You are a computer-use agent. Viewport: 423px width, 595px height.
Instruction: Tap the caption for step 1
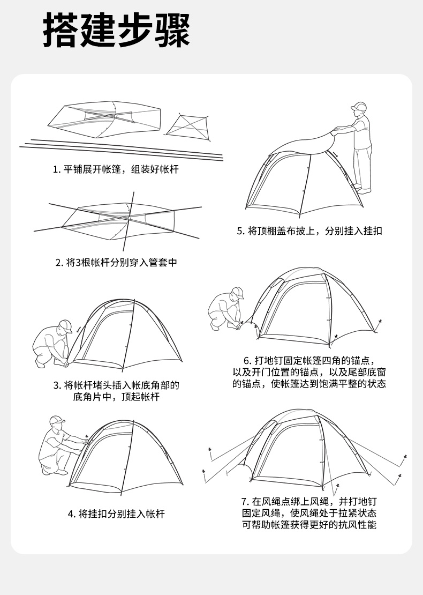[x=116, y=170]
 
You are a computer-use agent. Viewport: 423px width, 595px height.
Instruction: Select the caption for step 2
[x=116, y=263]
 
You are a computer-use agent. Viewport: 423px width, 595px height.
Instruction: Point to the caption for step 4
[x=116, y=514]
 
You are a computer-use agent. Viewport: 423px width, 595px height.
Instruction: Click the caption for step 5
[x=309, y=231]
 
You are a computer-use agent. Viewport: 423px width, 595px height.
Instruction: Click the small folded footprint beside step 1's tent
[x=186, y=125]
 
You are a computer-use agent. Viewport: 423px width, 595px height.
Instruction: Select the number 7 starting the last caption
[x=244, y=502]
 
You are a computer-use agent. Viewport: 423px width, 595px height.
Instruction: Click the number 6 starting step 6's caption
[x=247, y=360]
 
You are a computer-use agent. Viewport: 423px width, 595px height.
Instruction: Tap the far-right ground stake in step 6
[x=379, y=322]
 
